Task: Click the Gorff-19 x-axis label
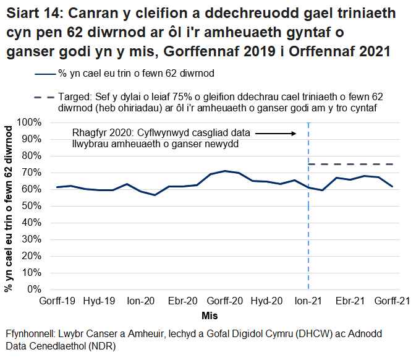point(57,301)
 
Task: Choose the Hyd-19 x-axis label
point(99,301)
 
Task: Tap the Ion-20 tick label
point(140,301)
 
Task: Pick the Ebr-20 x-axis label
point(182,301)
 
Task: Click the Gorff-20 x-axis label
point(224,301)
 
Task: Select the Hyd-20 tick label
point(266,301)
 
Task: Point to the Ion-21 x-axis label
point(308,301)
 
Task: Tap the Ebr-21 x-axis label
point(350,301)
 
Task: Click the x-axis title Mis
point(209,315)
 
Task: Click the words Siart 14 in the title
point(36,13)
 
